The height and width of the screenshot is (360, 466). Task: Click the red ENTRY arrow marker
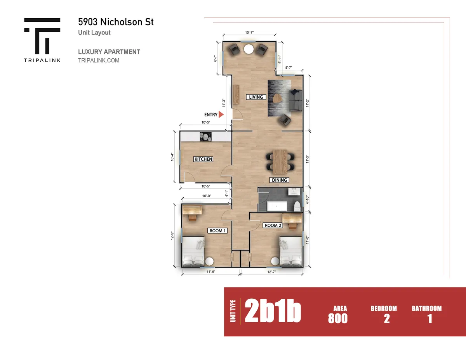pos(221,115)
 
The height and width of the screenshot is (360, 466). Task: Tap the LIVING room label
pos(256,97)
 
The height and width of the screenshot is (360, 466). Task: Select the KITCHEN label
pos(203,159)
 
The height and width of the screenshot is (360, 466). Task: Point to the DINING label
pos(279,180)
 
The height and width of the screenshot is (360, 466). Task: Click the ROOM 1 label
pos(217,231)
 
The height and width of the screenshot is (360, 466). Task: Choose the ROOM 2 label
pos(273,225)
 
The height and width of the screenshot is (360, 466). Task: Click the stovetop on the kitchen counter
pos(205,137)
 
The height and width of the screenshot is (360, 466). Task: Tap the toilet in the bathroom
pos(297,206)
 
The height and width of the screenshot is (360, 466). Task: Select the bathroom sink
pos(294,191)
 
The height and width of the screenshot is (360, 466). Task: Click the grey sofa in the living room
pos(296,100)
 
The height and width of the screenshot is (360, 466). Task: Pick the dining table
pos(280,162)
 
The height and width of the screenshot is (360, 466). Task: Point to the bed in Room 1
pos(193,251)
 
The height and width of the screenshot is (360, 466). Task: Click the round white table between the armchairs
pos(249,49)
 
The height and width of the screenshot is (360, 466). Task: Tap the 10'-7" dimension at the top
pos(249,33)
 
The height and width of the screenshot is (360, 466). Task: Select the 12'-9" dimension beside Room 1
pos(172,235)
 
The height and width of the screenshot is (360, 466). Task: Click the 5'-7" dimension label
pos(289,68)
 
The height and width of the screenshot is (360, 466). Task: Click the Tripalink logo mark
pos(42,36)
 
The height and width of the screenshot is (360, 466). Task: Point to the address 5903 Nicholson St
pos(116,22)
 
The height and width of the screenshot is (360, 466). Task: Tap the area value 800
pos(338,318)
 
